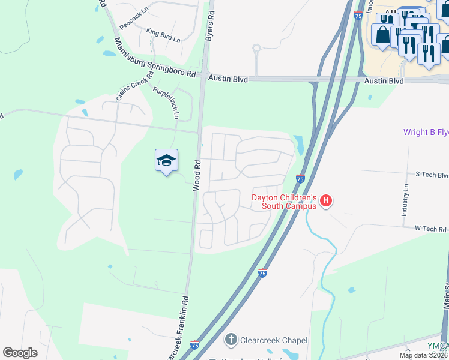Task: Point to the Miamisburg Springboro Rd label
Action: click(155, 58)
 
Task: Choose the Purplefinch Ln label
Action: click(166, 103)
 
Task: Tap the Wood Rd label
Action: click(196, 176)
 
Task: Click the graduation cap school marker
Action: click(166, 160)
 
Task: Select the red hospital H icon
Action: click(326, 200)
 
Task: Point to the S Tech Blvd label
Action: click(432, 175)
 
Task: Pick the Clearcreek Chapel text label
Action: click(274, 340)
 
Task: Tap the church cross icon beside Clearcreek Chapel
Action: click(231, 340)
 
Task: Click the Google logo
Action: click(20, 353)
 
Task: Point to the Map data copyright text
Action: click(423, 355)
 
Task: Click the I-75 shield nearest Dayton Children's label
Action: click(300, 178)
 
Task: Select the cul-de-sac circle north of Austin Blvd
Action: click(256, 48)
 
